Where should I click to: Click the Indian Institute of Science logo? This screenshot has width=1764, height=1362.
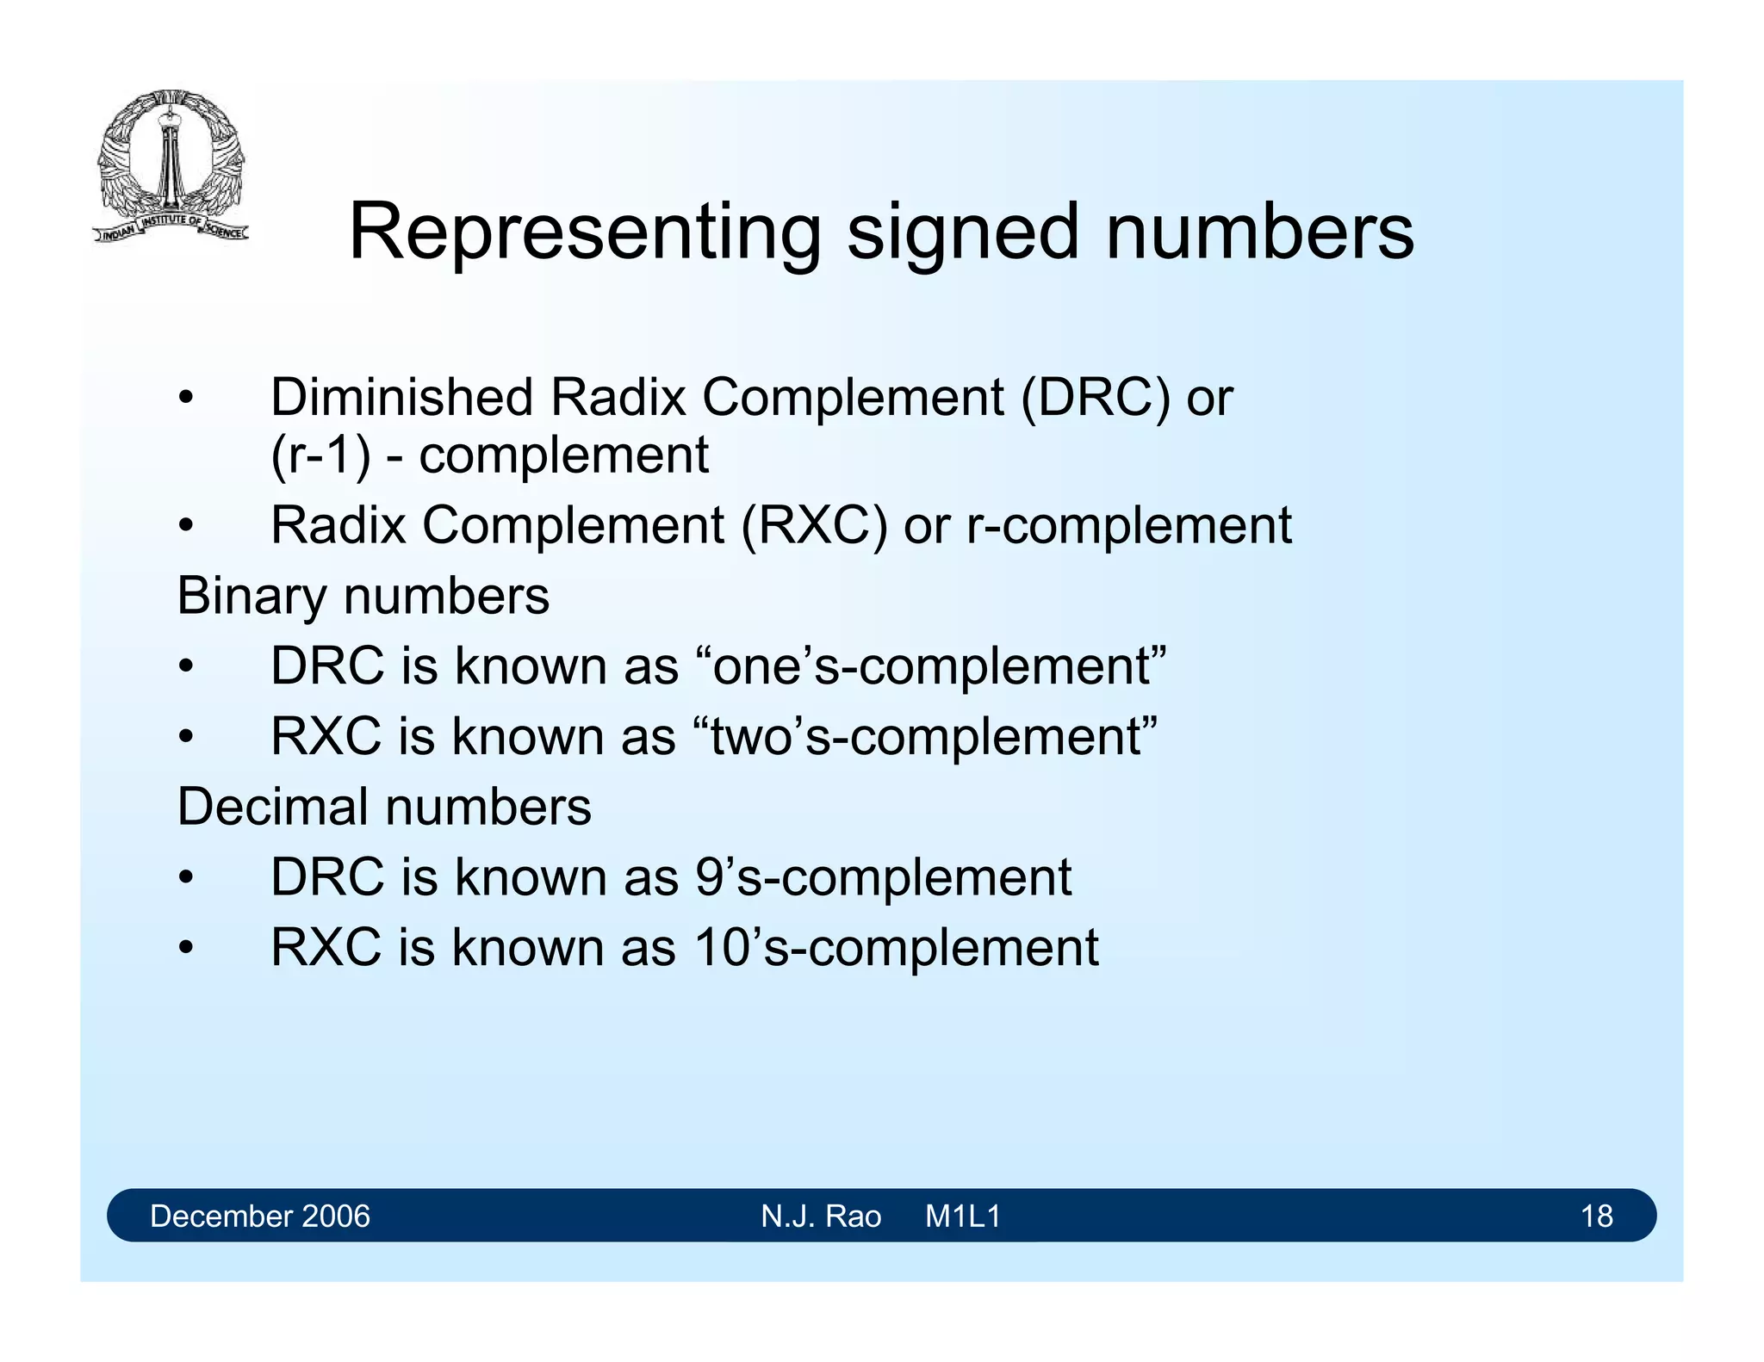pos(171,165)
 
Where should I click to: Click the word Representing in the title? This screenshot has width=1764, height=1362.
pos(585,232)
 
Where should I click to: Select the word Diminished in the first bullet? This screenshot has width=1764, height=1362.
pos(401,398)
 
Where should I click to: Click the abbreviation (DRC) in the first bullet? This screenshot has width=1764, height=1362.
pos(1096,398)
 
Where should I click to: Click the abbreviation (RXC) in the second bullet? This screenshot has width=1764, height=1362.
pos(814,525)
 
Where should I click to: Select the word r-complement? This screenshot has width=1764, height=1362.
pos(1128,525)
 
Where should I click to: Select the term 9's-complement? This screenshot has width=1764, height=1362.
pos(883,878)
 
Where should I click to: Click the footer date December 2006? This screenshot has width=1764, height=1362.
pos(259,1216)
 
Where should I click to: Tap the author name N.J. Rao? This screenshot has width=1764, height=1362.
pos(821,1216)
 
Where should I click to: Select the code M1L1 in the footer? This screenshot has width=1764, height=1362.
pos(962,1216)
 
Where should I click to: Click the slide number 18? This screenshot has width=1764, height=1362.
pos(1596,1216)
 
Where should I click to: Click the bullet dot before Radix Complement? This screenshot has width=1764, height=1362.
pos(185,526)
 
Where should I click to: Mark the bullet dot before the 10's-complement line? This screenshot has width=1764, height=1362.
pos(185,949)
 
